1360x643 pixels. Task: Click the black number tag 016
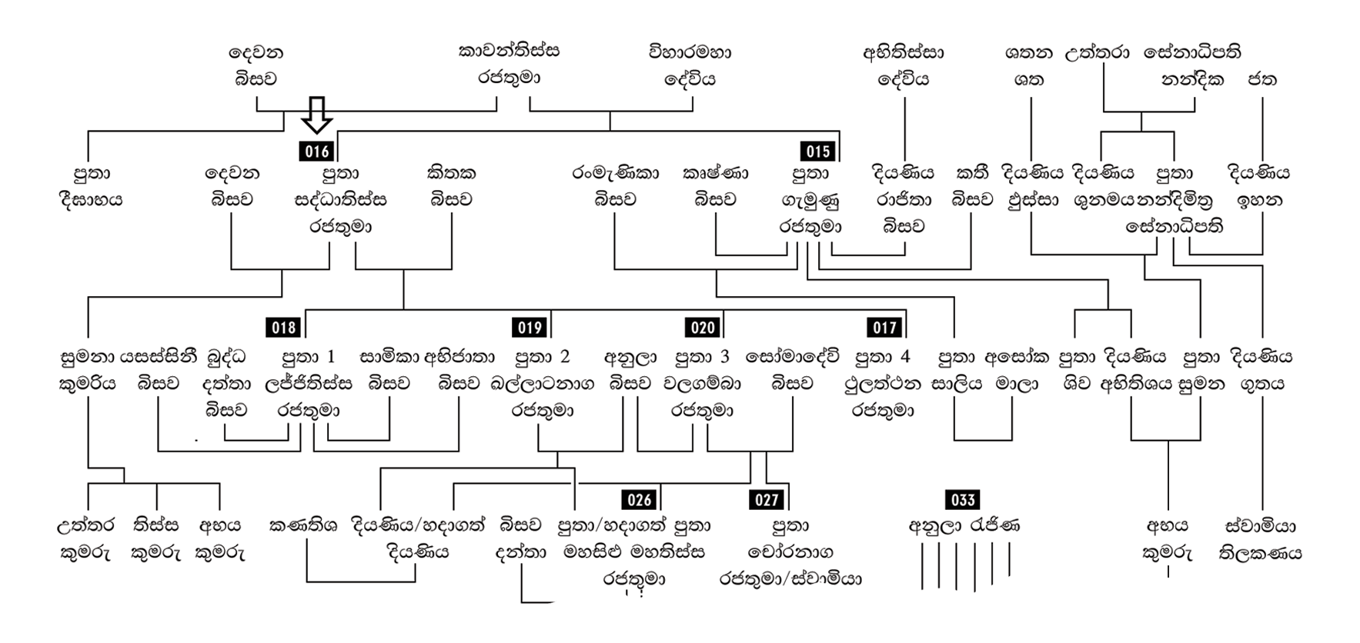(x=317, y=152)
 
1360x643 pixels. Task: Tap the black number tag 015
(x=817, y=152)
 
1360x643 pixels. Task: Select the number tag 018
(x=284, y=328)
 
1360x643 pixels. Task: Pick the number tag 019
(x=530, y=328)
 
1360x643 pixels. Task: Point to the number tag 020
(x=703, y=328)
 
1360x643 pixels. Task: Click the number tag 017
(x=884, y=328)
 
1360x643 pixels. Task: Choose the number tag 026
(x=640, y=500)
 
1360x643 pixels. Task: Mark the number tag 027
(x=767, y=500)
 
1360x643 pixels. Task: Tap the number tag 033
(x=963, y=500)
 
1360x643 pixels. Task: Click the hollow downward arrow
(x=316, y=115)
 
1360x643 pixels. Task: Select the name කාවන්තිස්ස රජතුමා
(x=509, y=65)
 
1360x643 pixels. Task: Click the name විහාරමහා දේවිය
(x=690, y=65)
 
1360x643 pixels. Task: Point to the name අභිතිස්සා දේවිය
(x=904, y=65)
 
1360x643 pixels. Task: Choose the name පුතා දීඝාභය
(x=91, y=187)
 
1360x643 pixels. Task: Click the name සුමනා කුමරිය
(x=88, y=370)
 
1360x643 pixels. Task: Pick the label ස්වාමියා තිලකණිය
(x=1260, y=539)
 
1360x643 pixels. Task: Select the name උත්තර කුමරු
(x=85, y=539)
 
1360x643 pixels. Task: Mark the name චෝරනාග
(x=790, y=552)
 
